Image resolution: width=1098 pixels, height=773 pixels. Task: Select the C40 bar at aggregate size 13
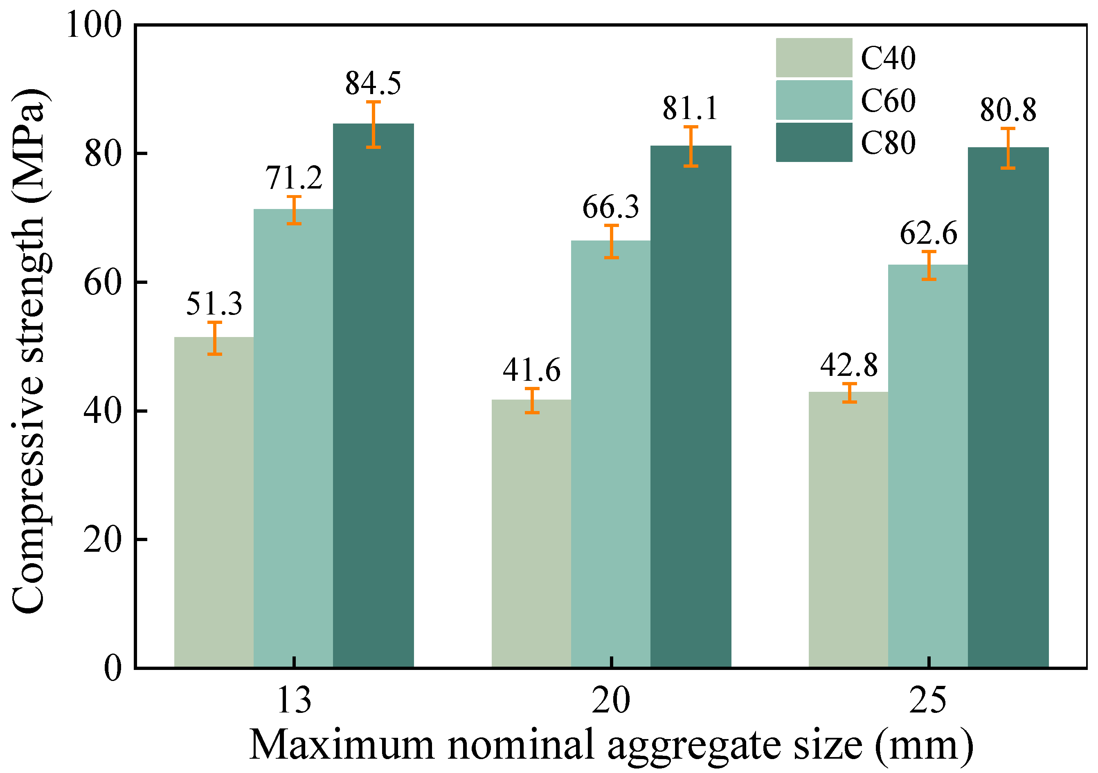[x=214, y=502]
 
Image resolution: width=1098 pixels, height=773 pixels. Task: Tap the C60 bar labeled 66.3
[x=611, y=454]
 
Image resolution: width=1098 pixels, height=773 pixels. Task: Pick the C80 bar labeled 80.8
[x=1008, y=407]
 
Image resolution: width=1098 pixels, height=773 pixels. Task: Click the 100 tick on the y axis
[x=94, y=25]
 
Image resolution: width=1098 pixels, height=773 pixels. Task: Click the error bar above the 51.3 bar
[x=215, y=338]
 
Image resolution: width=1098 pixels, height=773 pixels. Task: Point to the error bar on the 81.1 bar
[x=691, y=146]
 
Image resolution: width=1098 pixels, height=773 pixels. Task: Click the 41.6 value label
[x=531, y=371]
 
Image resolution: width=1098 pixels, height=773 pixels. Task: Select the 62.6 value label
[x=929, y=234]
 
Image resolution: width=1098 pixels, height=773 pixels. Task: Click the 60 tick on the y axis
[x=102, y=283]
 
